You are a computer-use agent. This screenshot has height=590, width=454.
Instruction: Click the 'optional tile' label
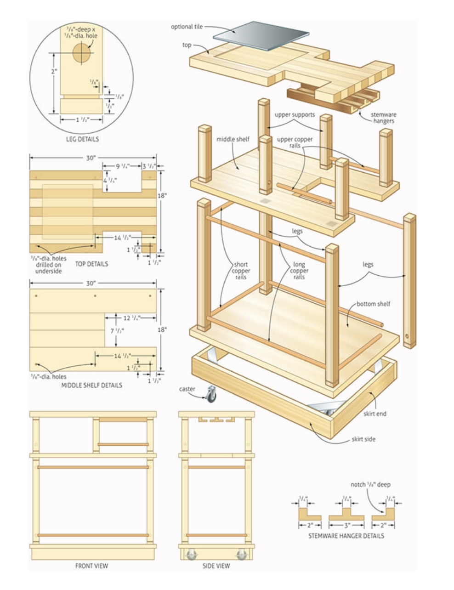pos(187,27)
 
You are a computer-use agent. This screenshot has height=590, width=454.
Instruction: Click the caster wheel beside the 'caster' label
pos(211,394)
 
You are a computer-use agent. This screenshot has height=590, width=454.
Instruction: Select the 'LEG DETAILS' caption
pos(82,139)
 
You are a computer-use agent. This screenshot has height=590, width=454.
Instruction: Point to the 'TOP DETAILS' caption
pos(91,264)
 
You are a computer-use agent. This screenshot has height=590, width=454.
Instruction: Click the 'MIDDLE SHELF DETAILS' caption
pos(91,385)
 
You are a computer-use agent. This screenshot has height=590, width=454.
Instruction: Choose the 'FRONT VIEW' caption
pos(91,566)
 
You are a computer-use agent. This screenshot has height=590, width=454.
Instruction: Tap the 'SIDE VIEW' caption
pos(216,566)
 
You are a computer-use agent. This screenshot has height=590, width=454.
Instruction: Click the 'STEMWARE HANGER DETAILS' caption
pos(346,535)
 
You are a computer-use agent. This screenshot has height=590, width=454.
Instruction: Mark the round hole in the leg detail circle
pos(82,53)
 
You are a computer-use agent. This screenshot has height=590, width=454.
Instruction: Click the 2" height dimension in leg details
pos(54,71)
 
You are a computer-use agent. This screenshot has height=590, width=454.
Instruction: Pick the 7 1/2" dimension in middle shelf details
pos(116,330)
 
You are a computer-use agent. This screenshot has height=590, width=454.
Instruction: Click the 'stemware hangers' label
pos(383,118)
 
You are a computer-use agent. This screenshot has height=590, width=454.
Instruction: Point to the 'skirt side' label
pos(363,439)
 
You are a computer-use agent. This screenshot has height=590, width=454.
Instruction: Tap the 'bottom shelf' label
pos(373,304)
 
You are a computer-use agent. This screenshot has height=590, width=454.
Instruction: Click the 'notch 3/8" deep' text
pos(370,484)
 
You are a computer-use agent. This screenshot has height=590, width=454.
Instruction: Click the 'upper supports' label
pos(295,114)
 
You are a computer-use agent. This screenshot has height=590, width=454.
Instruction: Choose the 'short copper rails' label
pos(241,271)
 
